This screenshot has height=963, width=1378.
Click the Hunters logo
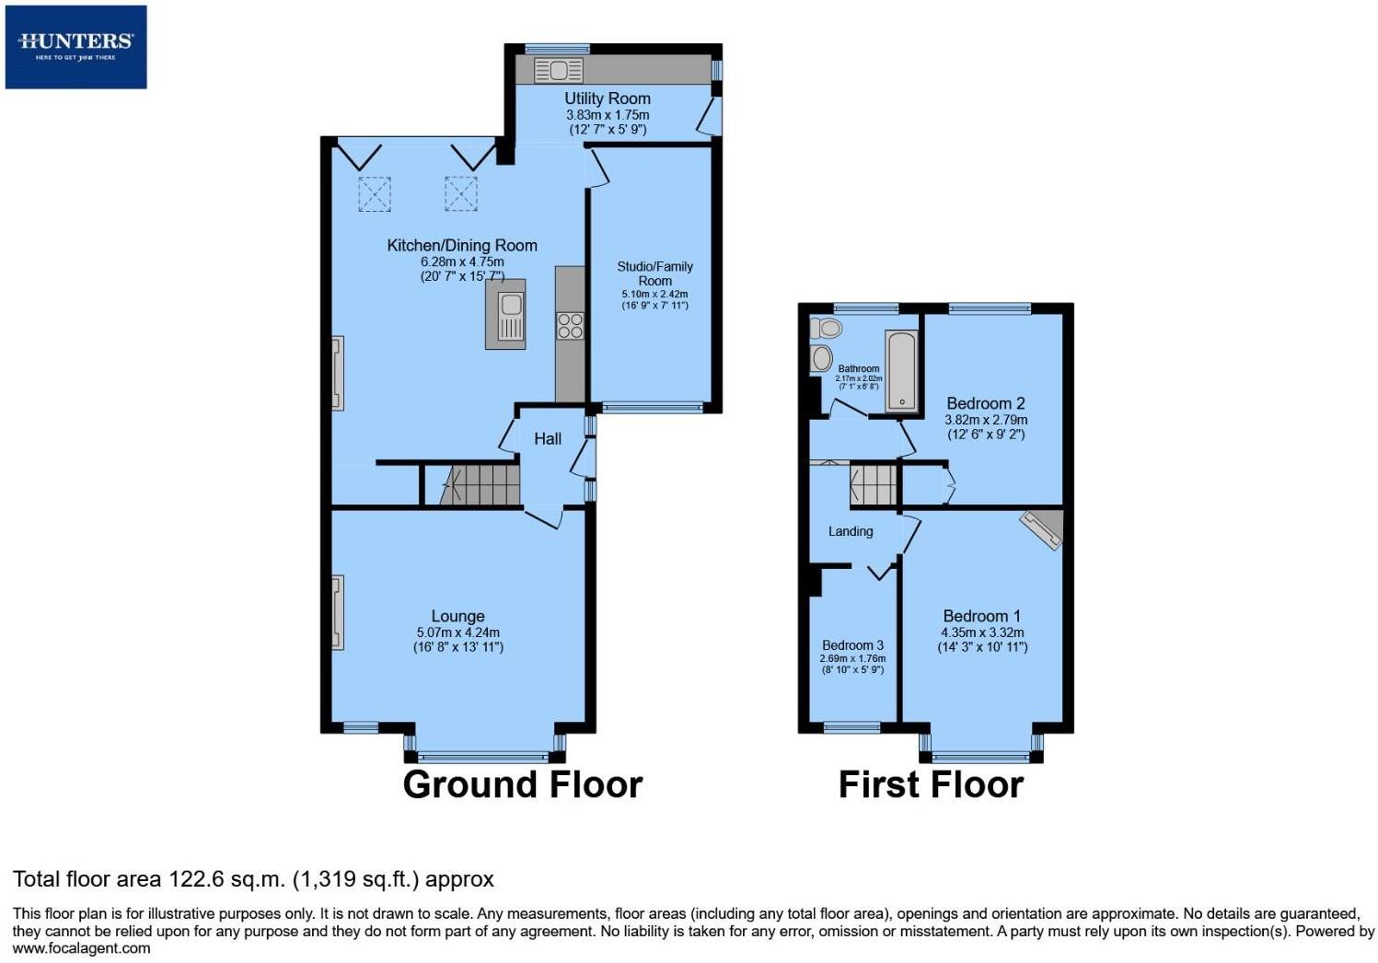[x=75, y=46]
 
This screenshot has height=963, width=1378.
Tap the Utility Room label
[x=607, y=99]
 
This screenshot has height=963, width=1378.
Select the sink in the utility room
[x=558, y=70]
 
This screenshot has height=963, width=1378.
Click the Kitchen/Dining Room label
[x=461, y=246]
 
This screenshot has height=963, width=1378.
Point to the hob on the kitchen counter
[x=570, y=326]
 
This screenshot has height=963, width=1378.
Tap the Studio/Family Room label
[x=654, y=273]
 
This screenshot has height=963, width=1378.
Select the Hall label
[x=548, y=439]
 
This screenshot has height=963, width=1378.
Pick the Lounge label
[x=457, y=617]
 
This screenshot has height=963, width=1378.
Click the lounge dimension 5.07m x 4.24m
[x=457, y=632]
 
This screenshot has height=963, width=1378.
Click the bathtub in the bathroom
[x=901, y=371]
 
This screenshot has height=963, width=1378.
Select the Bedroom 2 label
[x=985, y=403]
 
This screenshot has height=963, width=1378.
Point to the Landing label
[x=850, y=531]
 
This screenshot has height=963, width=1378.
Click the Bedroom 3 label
[x=852, y=645]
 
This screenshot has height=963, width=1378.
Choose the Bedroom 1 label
[x=981, y=616]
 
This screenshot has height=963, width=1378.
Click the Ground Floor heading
[x=522, y=784]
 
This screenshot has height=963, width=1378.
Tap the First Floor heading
[x=931, y=784]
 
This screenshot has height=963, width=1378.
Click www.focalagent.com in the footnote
[x=81, y=948]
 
